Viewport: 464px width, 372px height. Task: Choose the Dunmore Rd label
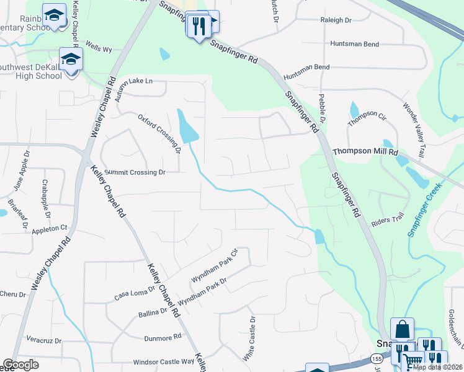162,337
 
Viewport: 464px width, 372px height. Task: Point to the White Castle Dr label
249,340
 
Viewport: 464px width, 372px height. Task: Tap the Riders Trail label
387,215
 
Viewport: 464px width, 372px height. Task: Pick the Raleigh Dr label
336,20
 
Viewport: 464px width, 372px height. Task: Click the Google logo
20,365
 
